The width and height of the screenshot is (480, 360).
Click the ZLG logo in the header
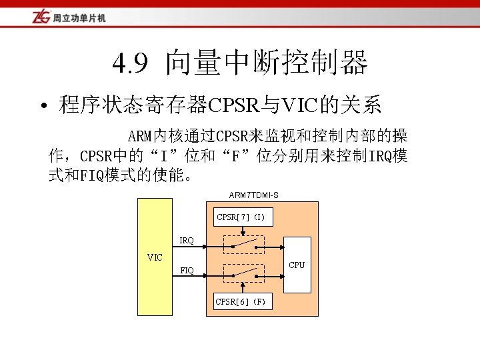coord(41,16)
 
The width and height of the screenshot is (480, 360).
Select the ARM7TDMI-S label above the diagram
coord(253,195)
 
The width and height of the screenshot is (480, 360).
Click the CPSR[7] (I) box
coord(241,217)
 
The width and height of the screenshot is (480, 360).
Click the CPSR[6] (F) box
coord(241,302)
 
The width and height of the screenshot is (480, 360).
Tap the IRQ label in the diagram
coord(187,240)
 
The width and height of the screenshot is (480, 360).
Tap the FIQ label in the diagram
coord(187,271)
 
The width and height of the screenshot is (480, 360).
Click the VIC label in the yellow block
coord(155,257)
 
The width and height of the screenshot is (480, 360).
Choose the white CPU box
coord(297,264)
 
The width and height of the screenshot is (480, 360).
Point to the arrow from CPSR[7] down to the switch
coord(242,230)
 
